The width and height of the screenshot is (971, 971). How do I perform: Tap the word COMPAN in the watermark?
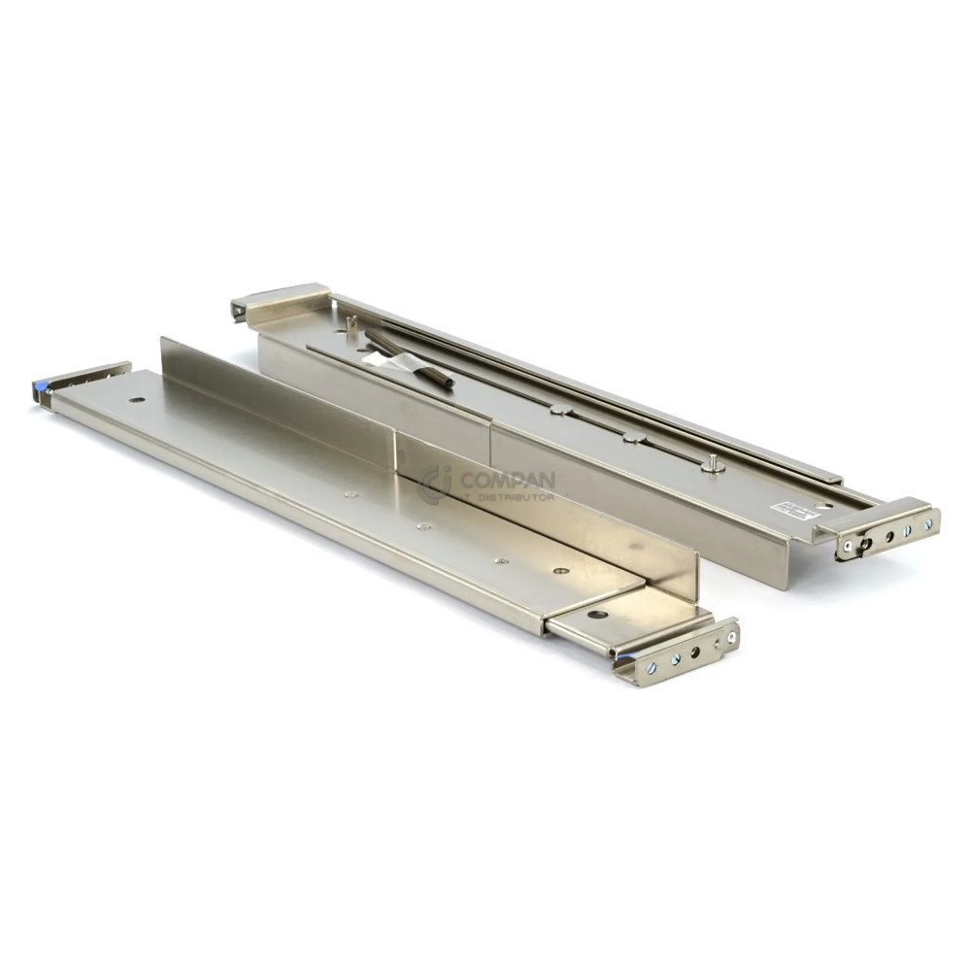pos(508,480)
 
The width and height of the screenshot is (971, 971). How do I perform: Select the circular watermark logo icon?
pos(436,484)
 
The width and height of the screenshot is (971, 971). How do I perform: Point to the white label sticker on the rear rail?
pos(783,509)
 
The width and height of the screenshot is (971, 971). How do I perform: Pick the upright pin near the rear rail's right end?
pos(714,463)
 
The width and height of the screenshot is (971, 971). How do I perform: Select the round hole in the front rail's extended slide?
pos(598,614)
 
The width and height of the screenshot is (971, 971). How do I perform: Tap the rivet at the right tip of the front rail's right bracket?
pos(731,638)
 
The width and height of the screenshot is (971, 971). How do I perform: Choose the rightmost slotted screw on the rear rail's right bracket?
pos(928,524)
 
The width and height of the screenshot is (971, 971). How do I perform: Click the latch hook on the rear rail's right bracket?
pos(862,546)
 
